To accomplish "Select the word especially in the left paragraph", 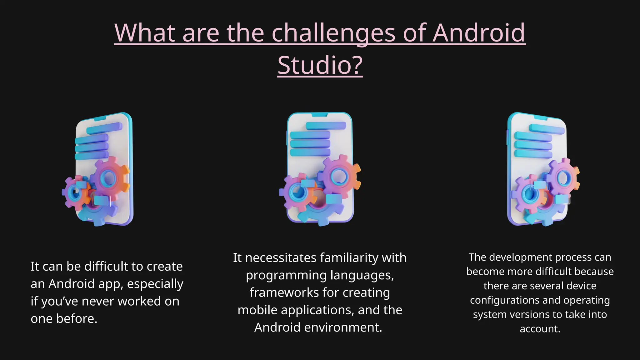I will coord(155,284).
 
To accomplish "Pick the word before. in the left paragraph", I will coord(77,319).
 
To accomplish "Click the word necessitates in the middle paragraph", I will coord(281,258).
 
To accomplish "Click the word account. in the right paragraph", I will coord(540,329).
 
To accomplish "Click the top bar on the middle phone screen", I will coord(326,126).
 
